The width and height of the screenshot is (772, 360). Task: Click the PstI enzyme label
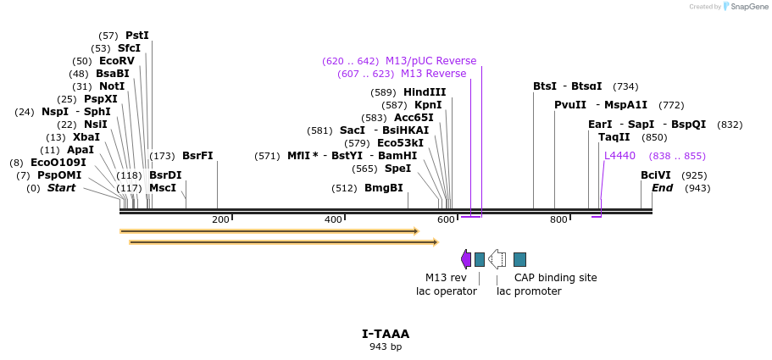pos(137,36)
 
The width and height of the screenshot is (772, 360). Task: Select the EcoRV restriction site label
pos(117,61)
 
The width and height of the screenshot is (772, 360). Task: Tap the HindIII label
pos(425,92)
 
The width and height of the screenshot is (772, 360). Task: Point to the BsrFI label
pos(197,156)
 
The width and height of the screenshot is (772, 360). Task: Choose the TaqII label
pos(614,137)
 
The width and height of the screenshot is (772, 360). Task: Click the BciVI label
pos(653,175)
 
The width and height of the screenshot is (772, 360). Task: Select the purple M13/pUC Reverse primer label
pos(430,61)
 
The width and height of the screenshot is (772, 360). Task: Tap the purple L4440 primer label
pos(619,156)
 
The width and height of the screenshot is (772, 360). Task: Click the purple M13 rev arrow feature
pos(466,259)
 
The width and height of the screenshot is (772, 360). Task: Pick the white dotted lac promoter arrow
pos(497,259)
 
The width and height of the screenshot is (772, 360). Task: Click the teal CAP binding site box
pos(520,259)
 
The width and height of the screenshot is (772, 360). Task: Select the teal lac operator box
pos(480,259)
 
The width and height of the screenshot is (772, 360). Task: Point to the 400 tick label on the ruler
pos(333,219)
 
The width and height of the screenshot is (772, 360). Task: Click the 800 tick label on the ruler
pos(558,219)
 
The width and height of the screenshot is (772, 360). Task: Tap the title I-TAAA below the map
pos(386,335)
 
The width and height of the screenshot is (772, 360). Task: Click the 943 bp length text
pos(386,347)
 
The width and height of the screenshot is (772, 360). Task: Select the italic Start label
pos(62,188)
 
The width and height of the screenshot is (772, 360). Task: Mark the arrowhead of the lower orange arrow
pos(436,242)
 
